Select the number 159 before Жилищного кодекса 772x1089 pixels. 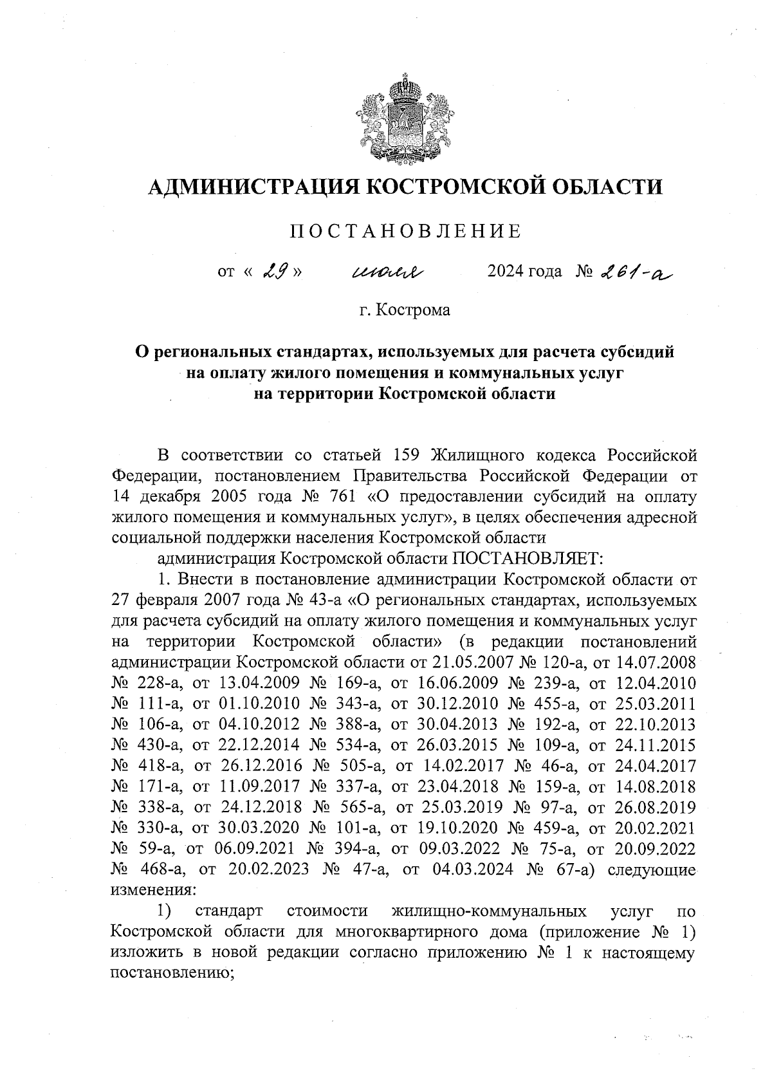click(405, 456)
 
